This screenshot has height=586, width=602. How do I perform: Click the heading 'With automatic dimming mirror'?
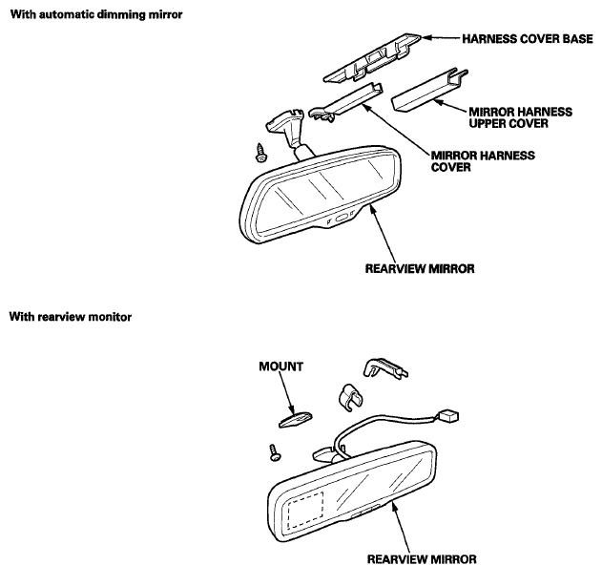(96, 14)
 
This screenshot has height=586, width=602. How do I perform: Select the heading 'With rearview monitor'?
(71, 317)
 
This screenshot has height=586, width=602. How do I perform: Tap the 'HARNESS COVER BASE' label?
(528, 39)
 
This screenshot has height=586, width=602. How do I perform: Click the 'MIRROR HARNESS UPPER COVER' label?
(520, 117)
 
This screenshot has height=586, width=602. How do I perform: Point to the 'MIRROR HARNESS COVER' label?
(483, 161)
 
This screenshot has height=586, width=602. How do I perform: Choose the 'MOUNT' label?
(281, 366)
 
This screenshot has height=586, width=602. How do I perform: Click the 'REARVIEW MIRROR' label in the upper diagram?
(420, 268)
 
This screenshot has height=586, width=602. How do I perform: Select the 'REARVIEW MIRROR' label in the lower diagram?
(422, 559)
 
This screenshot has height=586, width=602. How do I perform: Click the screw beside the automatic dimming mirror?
(261, 153)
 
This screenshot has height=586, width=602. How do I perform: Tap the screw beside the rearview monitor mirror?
(275, 452)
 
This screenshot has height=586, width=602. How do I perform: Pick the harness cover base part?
(371, 58)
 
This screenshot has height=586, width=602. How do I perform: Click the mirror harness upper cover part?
(428, 93)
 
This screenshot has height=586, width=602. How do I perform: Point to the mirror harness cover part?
(346, 102)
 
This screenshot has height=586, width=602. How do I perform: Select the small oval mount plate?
(295, 419)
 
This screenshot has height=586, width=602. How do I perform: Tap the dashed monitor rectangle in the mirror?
(305, 510)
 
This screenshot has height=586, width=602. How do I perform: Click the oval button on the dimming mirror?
(342, 219)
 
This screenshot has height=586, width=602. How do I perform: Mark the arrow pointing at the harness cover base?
(441, 38)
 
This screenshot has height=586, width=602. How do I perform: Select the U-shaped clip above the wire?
(350, 397)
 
